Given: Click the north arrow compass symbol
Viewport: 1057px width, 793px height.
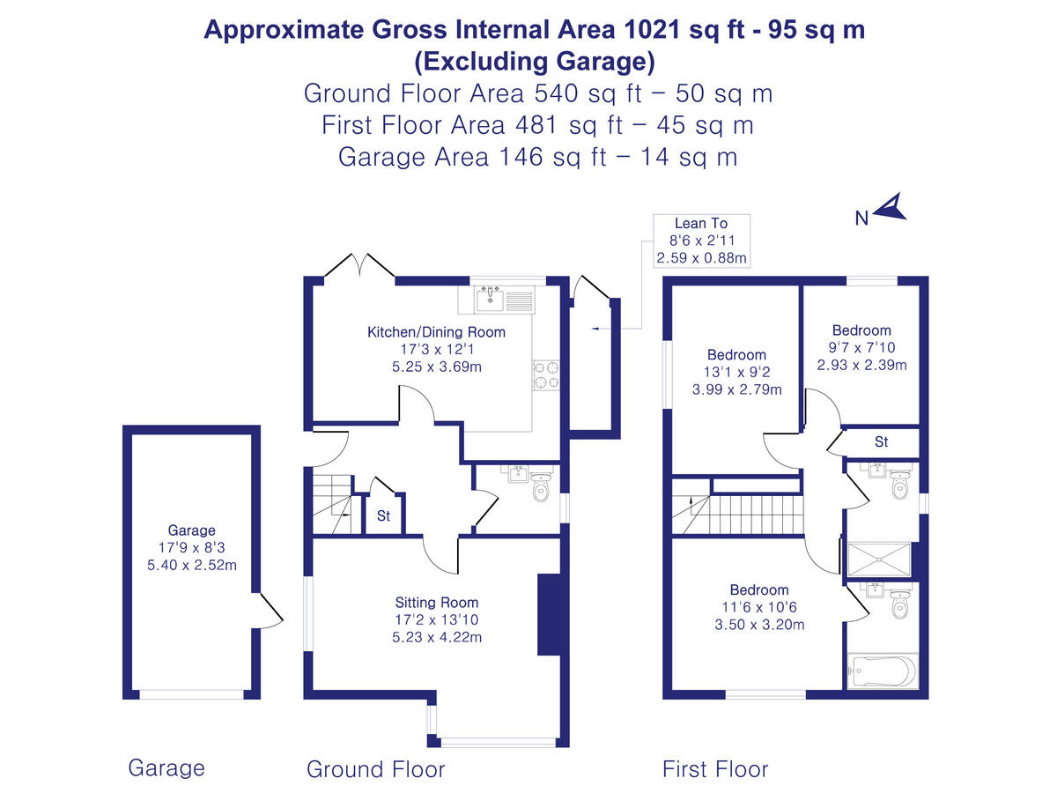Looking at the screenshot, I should point(892,208).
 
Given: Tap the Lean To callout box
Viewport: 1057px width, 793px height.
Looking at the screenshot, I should point(701,241).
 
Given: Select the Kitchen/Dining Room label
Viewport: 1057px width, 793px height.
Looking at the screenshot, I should point(436,332).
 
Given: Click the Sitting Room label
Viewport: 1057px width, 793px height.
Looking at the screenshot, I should point(437,603).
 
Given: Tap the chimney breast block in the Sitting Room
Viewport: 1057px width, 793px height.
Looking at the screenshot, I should point(549,615).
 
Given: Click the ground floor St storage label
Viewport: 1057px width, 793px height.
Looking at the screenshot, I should point(384,516).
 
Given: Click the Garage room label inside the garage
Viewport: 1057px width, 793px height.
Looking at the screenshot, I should point(191,530).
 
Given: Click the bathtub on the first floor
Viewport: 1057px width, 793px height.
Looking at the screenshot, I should point(882,671).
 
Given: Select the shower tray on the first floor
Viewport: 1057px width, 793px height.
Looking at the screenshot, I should point(878,559).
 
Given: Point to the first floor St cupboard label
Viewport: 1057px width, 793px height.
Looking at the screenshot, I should point(881,441).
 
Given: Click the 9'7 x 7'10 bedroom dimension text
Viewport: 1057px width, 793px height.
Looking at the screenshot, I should point(862,348).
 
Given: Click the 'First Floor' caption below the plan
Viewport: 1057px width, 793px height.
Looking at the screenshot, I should point(715,769).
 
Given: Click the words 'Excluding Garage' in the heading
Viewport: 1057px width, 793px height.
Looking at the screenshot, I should point(535,62).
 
